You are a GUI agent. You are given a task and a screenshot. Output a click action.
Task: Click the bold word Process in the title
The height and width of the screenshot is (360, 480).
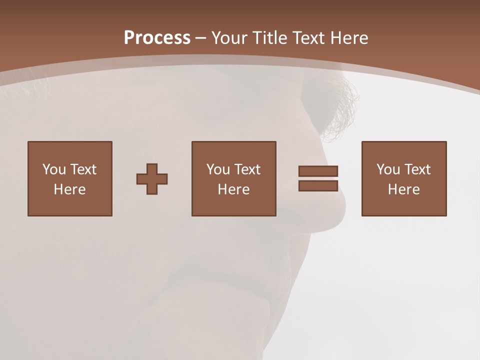[157, 38]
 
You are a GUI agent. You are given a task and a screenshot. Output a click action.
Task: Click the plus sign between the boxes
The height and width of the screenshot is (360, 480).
[152, 178]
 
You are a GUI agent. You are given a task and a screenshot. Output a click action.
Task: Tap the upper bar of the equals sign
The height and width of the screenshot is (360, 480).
[318, 171]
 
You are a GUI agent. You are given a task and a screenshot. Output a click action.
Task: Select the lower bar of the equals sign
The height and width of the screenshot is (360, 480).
[318, 185]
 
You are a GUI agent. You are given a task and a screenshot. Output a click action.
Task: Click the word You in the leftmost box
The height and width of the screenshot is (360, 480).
[54, 169]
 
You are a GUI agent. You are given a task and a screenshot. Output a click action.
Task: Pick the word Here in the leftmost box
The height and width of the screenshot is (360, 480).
[69, 189]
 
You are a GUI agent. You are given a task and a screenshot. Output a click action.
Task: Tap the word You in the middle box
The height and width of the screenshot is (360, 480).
[218, 169]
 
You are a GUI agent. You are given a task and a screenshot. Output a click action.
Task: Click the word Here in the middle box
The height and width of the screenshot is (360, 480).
[233, 189]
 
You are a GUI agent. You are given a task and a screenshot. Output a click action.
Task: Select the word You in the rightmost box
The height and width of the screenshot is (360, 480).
[388, 169]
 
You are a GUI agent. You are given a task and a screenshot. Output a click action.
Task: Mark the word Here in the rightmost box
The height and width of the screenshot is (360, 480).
[403, 189]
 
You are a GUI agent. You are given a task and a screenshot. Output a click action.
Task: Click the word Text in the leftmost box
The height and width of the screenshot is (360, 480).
[83, 169]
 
